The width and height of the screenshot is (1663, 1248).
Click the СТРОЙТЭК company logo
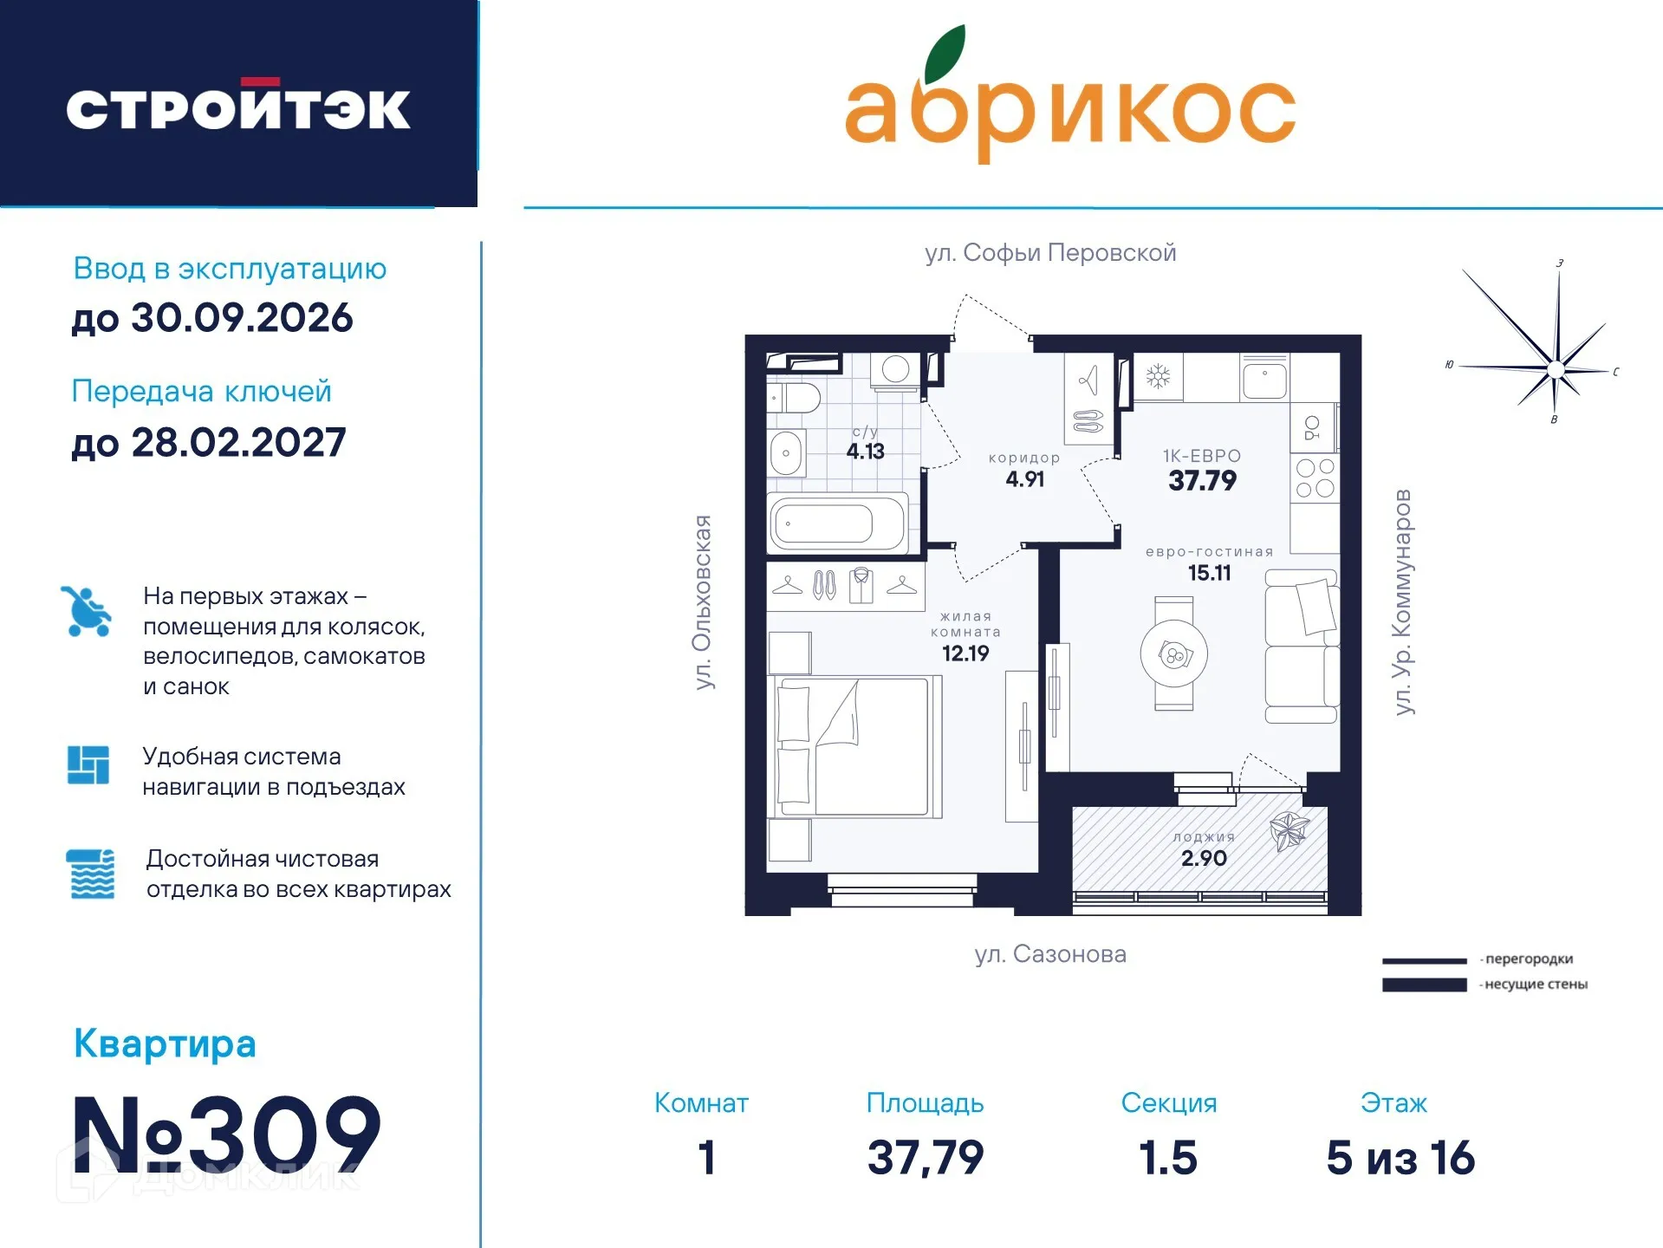tap(238, 107)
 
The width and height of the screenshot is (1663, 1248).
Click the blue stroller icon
tap(87, 612)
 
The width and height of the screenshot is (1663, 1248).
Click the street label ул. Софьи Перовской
tap(1050, 253)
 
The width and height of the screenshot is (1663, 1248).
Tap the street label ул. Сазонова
tap(1050, 954)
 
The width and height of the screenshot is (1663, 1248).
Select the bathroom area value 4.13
tap(865, 452)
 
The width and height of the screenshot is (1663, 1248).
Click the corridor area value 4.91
tap(1024, 479)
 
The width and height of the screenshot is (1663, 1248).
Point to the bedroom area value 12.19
tap(965, 653)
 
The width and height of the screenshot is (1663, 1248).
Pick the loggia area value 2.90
tap(1204, 859)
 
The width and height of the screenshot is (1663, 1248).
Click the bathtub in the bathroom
tap(838, 523)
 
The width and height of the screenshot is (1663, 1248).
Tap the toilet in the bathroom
tap(795, 399)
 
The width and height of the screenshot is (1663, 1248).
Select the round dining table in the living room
tap(1173, 655)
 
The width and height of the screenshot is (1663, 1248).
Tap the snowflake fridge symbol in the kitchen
tap(1158, 376)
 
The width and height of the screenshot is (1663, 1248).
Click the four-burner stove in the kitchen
tap(1314, 478)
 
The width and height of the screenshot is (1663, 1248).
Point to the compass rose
tap(1555, 369)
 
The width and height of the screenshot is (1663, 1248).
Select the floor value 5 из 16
tap(1400, 1158)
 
